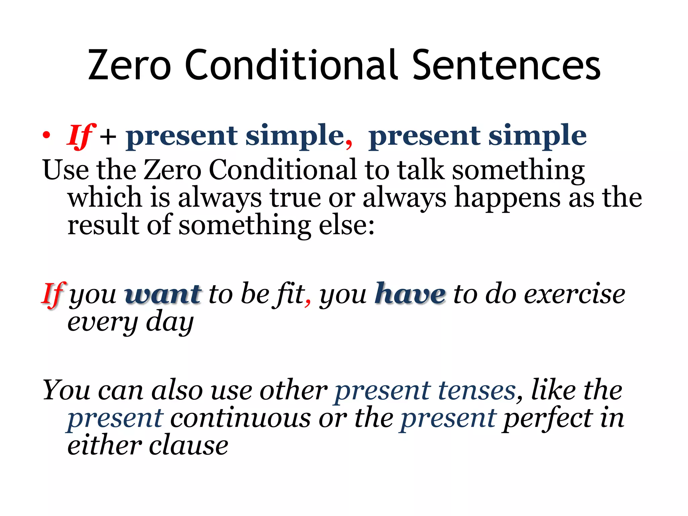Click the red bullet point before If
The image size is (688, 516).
pyautogui.click(x=46, y=135)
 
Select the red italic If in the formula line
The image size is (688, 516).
pyautogui.click(x=81, y=136)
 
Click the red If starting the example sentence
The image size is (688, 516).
pyautogui.click(x=53, y=295)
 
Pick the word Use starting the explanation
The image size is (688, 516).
pyautogui.click(x=66, y=170)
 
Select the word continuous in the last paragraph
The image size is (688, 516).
pyautogui.click(x=241, y=419)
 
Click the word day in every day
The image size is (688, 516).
pyautogui.click(x=170, y=322)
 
